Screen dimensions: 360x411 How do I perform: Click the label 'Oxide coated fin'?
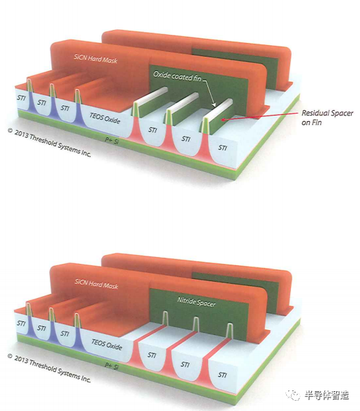tap(177, 76)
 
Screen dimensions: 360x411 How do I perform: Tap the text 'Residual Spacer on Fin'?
tap(327, 118)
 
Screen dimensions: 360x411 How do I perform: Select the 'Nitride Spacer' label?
tap(196, 302)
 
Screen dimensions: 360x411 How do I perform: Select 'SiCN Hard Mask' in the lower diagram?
tap(97, 284)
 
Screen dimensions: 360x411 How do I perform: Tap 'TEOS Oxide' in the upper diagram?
tap(105, 118)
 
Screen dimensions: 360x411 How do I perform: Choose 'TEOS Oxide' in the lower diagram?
tap(107, 345)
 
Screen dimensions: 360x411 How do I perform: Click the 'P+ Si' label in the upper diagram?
tap(112, 140)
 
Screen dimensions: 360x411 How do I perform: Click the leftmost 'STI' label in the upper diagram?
tap(21, 98)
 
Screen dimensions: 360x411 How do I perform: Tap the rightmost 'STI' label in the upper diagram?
tap(222, 148)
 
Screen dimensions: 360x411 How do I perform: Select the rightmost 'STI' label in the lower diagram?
tap(222, 375)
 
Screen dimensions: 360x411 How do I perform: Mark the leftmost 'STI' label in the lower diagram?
tap(21, 323)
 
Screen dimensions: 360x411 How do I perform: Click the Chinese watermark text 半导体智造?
tap(326, 395)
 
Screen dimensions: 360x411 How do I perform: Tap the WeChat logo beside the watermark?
tap(294, 395)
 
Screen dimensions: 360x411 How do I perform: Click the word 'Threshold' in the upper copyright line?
tap(43, 140)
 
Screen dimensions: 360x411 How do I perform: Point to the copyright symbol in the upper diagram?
tap(10, 130)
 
